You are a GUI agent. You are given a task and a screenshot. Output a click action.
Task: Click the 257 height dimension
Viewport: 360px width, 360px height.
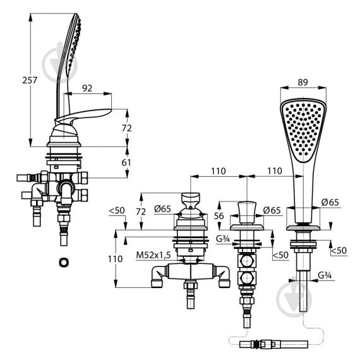coord(30,80)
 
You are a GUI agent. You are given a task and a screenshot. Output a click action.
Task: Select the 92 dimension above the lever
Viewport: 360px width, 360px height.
coord(87,88)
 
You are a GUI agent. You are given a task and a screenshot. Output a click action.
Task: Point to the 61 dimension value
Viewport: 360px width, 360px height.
coord(126,162)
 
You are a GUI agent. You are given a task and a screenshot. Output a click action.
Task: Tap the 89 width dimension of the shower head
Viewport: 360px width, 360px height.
coord(303,82)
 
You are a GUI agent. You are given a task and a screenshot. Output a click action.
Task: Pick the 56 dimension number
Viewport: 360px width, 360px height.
coord(219,216)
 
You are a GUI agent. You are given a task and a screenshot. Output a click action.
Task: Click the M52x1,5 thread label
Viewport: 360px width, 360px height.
coord(153,255)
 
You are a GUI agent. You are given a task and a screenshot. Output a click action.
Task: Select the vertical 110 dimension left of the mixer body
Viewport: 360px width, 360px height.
coord(115,259)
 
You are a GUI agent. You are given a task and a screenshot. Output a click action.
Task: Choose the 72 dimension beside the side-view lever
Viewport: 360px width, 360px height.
coord(126,128)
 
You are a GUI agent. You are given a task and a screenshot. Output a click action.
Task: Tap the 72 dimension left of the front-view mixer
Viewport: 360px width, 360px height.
coord(141,212)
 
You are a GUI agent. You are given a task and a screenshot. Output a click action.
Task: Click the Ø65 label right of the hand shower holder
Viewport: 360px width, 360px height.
coord(330,202)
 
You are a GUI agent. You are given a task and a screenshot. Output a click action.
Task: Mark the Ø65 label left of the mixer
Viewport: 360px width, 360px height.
coord(162,209)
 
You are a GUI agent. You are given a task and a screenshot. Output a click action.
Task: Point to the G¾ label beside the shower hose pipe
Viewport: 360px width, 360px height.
coord(325,275)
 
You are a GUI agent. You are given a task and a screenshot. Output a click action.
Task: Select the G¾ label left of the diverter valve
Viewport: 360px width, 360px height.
coord(223,239)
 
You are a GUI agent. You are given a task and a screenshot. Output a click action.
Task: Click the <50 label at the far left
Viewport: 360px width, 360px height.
coord(117,210)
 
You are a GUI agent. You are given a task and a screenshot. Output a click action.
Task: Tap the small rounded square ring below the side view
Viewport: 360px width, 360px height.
coord(64,263)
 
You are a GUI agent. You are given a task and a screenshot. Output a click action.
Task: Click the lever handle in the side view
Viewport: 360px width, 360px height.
coord(83,116)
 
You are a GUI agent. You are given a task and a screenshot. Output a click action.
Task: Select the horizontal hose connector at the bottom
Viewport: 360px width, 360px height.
coord(273,344)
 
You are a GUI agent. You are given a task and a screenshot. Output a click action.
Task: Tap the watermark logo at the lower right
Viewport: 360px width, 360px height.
coord(294,299)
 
